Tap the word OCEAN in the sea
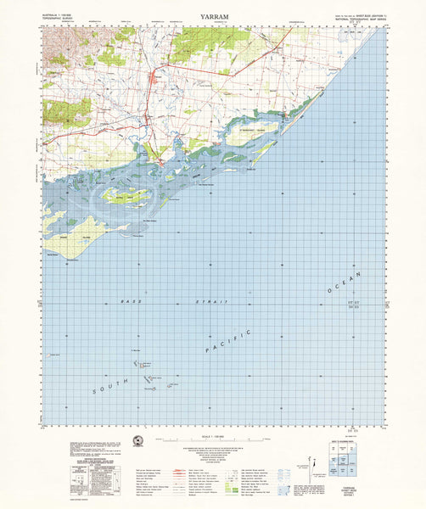(345, 282)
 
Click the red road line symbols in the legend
(182, 470)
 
